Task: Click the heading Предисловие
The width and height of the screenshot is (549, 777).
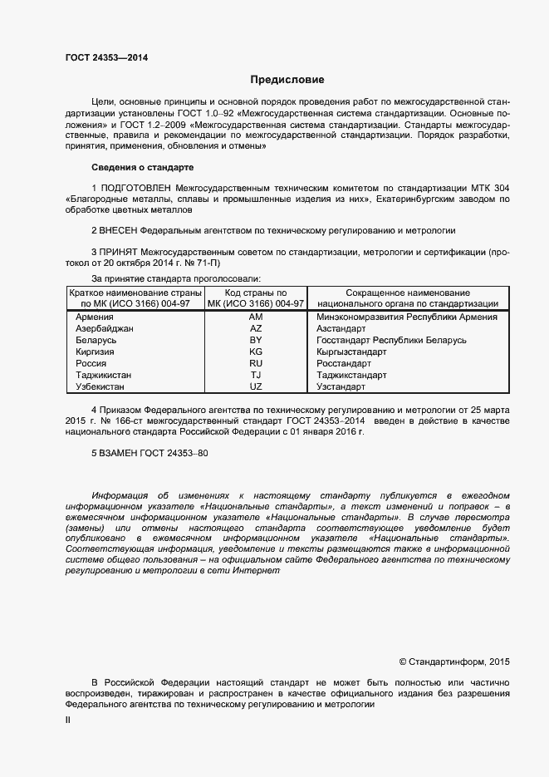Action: click(287, 80)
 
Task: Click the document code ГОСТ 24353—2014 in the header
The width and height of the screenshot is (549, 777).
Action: click(107, 58)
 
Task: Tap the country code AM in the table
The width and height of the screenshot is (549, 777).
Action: click(255, 317)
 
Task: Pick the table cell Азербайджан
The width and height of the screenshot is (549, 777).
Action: click(105, 328)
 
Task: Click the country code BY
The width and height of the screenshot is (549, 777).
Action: click(255, 340)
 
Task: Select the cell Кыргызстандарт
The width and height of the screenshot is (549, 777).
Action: click(351, 352)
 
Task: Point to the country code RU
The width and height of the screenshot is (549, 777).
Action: click(255, 363)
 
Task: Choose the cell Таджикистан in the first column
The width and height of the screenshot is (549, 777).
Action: click(104, 375)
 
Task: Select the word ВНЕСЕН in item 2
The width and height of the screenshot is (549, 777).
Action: click(119, 229)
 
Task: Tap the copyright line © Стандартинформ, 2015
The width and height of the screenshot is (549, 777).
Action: click(454, 661)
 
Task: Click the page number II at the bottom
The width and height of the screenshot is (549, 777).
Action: click(68, 721)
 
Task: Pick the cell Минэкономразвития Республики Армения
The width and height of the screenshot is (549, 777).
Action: click(407, 317)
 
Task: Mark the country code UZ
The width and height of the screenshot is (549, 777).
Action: click(255, 386)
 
